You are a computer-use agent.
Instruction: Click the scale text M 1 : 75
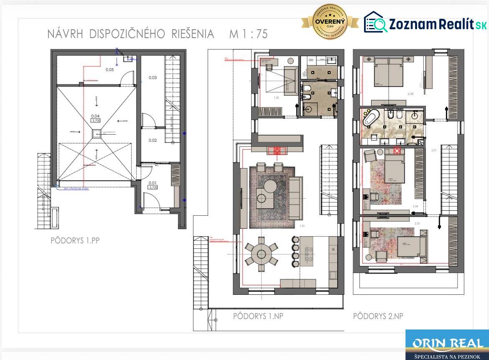coord(248,34)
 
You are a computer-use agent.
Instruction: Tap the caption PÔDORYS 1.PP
coord(75,240)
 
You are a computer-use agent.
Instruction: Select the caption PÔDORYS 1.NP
coord(258,316)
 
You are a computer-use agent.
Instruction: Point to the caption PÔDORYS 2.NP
coord(378,316)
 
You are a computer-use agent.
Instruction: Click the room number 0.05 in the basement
coord(110,70)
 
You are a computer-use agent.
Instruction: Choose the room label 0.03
coord(153,78)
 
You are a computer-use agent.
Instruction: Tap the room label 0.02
coord(153,140)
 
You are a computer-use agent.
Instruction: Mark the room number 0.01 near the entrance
coord(153,182)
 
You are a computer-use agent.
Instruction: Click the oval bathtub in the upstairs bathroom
coord(370,118)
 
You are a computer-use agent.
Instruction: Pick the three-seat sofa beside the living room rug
coord(296,198)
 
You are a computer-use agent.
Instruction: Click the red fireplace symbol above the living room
coord(277,151)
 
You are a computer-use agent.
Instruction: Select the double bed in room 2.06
coord(389,73)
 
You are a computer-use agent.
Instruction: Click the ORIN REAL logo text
coord(447,344)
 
